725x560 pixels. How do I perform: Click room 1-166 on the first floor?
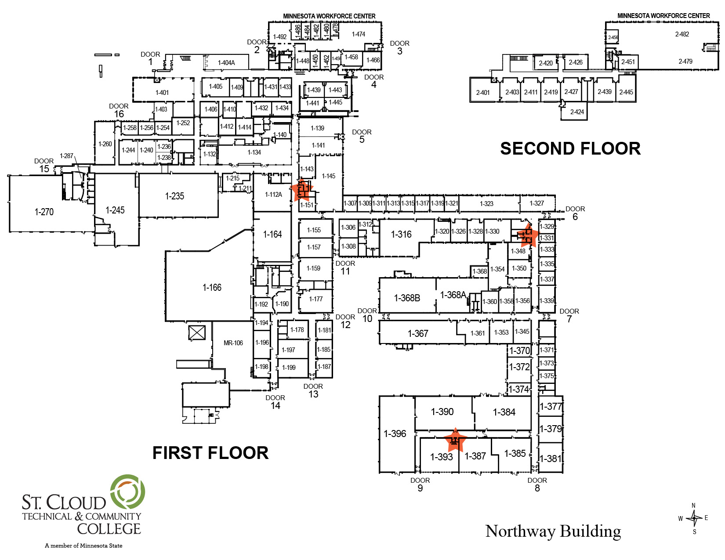point(212,287)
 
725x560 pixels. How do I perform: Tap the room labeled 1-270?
point(44,212)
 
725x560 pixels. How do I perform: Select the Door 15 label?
point(44,165)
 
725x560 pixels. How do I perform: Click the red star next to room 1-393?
point(455,440)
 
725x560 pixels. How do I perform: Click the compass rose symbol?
point(694,518)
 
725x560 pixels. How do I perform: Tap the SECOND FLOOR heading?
point(570,148)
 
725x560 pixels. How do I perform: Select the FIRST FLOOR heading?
point(210,453)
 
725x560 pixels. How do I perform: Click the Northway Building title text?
point(553,531)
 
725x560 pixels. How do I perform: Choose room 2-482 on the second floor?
point(682,34)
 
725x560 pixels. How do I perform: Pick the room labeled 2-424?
point(577,112)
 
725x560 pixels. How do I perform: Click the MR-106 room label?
point(233,343)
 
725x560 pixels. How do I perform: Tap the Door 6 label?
point(575,213)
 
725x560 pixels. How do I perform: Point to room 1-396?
point(395,434)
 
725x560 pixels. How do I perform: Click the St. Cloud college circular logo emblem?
point(128,491)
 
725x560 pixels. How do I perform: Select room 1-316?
point(401,235)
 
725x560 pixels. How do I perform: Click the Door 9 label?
point(420,484)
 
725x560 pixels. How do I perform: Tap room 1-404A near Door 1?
point(226,63)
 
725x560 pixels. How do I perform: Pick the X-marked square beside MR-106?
point(197,332)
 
